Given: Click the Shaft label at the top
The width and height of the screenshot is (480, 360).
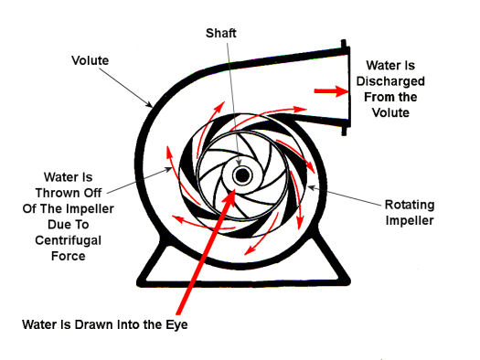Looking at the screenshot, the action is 220,33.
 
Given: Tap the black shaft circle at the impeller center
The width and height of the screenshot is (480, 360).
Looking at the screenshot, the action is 242,175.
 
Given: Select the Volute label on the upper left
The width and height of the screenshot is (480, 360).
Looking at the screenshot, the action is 90,60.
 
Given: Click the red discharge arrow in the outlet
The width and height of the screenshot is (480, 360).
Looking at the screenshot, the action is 331,90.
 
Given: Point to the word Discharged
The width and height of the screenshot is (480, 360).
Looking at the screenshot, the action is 390,81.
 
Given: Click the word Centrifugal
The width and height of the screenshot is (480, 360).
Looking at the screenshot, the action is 68,240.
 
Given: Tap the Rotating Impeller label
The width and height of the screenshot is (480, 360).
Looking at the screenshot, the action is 410,212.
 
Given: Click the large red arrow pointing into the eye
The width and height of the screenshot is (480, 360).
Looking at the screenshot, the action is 205,251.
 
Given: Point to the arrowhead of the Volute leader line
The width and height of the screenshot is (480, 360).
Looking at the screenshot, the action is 149,104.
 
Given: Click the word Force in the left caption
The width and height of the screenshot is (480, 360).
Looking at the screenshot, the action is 68,256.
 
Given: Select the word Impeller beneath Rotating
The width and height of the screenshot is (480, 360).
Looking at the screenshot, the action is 410,220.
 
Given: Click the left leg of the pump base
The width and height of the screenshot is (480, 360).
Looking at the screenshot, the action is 151,260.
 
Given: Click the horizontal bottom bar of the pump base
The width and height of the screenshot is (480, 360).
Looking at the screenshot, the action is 243,283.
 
